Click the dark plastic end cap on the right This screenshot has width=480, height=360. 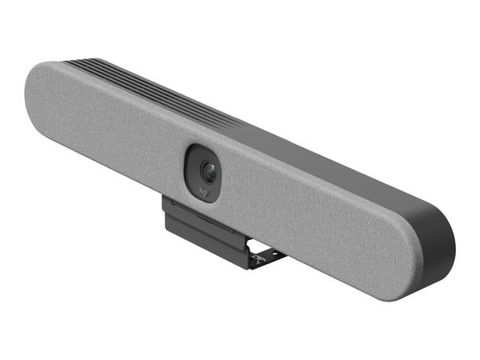pos(448,240)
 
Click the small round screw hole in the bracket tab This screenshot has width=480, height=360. pos(274,254)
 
